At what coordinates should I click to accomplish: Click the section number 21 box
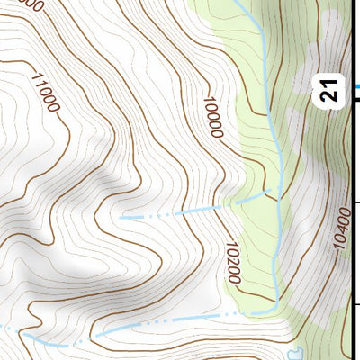pyautogui.click(x=330, y=91)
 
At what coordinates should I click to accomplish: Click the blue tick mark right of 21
pyautogui.click(x=355, y=87)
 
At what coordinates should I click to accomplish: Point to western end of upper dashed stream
pyautogui.click(x=121, y=218)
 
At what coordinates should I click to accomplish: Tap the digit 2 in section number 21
pyautogui.click(x=330, y=96)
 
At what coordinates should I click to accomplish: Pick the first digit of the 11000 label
pyautogui.click(x=35, y=77)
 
